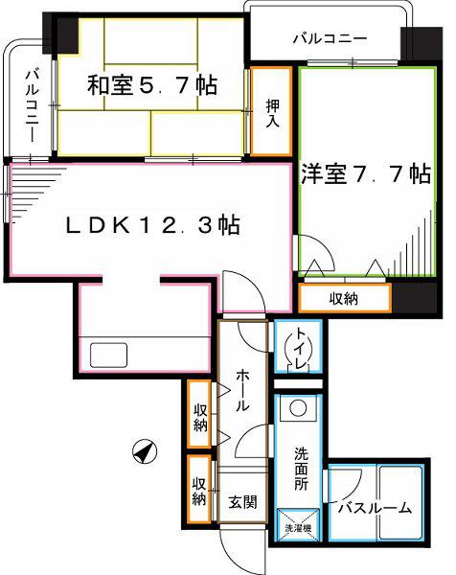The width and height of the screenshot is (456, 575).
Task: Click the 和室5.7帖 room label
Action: click(151, 85)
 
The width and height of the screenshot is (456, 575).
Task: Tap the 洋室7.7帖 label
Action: click(365, 173)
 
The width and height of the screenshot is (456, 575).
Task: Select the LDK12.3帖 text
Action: click(153, 225)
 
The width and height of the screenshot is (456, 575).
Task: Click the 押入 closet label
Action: click(272, 113)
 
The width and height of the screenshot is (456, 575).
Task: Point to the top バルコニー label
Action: click(330, 39)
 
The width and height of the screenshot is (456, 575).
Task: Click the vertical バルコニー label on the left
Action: click(32, 106)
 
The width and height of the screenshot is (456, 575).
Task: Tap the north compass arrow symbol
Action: click(144, 451)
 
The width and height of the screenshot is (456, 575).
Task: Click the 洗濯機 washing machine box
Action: click(298, 525)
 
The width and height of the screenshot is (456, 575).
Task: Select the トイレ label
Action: click(300, 349)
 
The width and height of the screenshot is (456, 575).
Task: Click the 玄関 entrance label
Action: click(242, 502)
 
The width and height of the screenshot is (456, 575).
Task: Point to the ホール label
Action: click(242, 390)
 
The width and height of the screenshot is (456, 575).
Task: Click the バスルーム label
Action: click(375, 508)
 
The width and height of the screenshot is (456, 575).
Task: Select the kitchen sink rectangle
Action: click(109, 355)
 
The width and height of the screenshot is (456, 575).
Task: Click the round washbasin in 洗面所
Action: click(298, 408)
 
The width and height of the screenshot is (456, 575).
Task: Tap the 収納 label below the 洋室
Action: click(344, 299)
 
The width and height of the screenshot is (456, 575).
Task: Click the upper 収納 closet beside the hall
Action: click(199, 414)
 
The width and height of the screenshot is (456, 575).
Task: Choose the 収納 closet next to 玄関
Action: click(199, 489)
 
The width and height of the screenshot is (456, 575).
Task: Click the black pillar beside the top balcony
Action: click(422, 44)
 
